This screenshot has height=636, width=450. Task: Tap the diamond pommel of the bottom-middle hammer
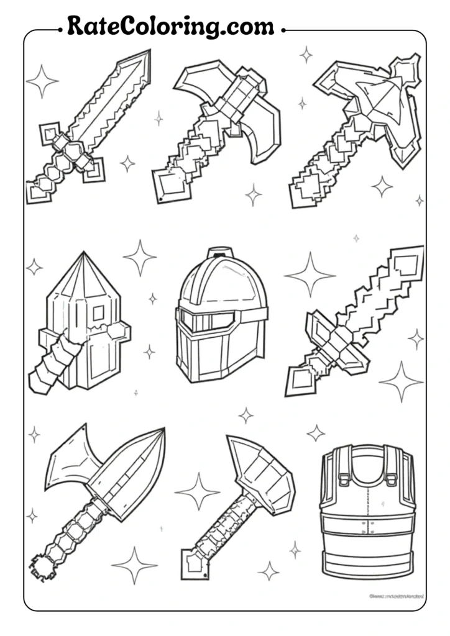pyautogui.click(x=194, y=562)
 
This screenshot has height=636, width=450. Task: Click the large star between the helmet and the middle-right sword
pyautogui.click(x=309, y=274)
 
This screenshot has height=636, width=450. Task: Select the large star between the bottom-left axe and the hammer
pyautogui.click(x=198, y=491)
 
